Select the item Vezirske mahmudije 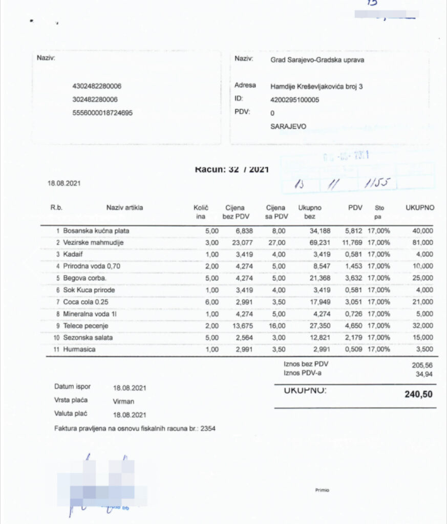(93, 243)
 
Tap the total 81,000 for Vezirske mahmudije (423, 243)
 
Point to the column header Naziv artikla (124, 208)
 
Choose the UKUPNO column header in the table (420, 208)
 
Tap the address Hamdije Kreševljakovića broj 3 (316, 86)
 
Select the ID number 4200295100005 (294, 100)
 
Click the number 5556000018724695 (102, 113)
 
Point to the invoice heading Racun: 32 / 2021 (231, 169)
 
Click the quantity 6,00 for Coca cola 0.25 (211, 302)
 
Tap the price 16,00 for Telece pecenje (279, 325)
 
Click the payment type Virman (123, 402)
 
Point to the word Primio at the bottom (322, 490)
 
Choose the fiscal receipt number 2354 (207, 428)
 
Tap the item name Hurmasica (80, 349)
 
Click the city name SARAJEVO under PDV (288, 126)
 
